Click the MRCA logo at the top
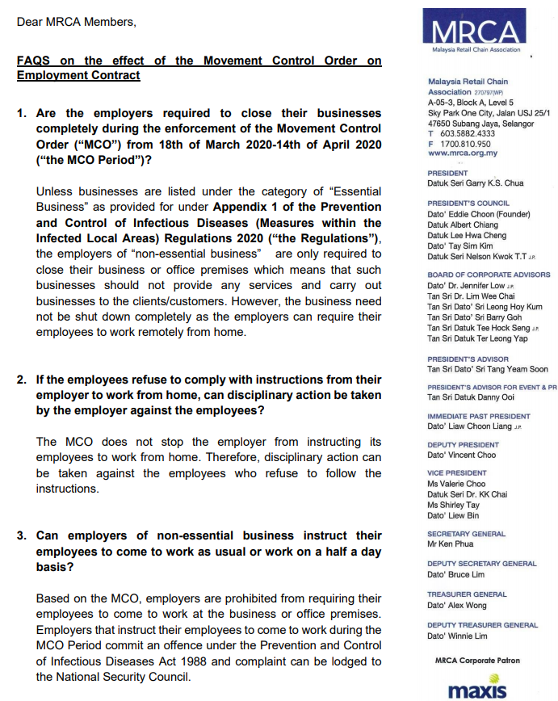(x=475, y=32)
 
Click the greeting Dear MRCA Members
(x=76, y=22)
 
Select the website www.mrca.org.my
(x=463, y=153)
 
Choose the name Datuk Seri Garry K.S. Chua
(x=476, y=183)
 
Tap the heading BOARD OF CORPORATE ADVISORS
(x=489, y=275)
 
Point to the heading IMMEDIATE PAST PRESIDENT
(x=479, y=416)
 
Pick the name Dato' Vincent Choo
(x=462, y=455)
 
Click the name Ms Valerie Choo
(x=456, y=484)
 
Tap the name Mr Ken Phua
(x=449, y=544)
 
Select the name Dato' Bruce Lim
(x=456, y=574)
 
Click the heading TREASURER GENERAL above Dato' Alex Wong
(x=467, y=594)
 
